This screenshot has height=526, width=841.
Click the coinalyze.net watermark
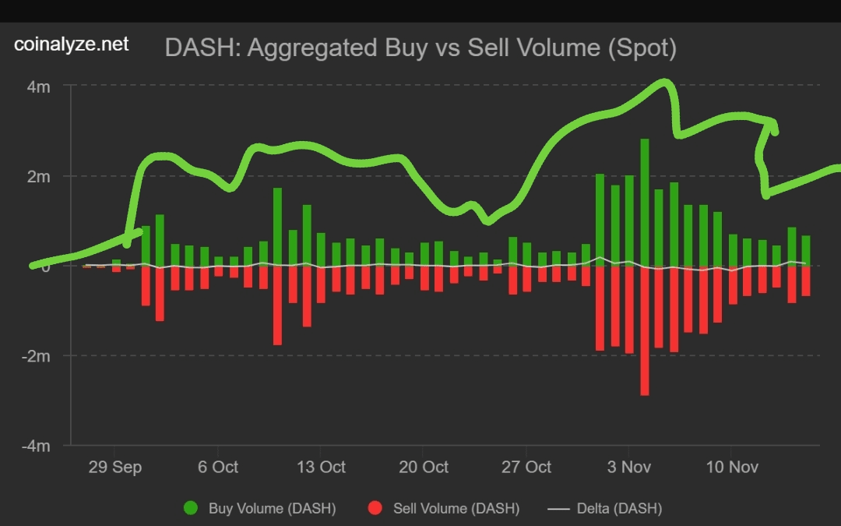click(x=72, y=44)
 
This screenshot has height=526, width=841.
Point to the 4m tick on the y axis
click(x=38, y=86)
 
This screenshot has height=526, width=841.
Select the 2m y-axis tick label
click(x=38, y=176)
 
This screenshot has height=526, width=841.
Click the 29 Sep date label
click(x=115, y=467)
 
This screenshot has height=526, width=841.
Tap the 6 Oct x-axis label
click(x=218, y=467)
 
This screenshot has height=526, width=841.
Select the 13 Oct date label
click(x=322, y=467)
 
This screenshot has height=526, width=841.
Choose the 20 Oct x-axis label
click(x=424, y=467)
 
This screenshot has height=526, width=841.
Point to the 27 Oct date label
click(x=526, y=467)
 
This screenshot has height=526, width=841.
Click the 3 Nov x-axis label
click(x=629, y=467)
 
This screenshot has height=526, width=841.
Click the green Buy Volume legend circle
click(x=191, y=509)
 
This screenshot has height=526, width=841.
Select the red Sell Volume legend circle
click(x=375, y=509)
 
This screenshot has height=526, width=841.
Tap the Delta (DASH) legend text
click(x=619, y=509)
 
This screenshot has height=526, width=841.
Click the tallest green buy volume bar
click(x=645, y=203)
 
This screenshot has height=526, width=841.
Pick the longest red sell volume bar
click(x=645, y=331)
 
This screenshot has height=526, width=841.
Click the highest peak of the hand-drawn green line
click(x=663, y=81)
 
